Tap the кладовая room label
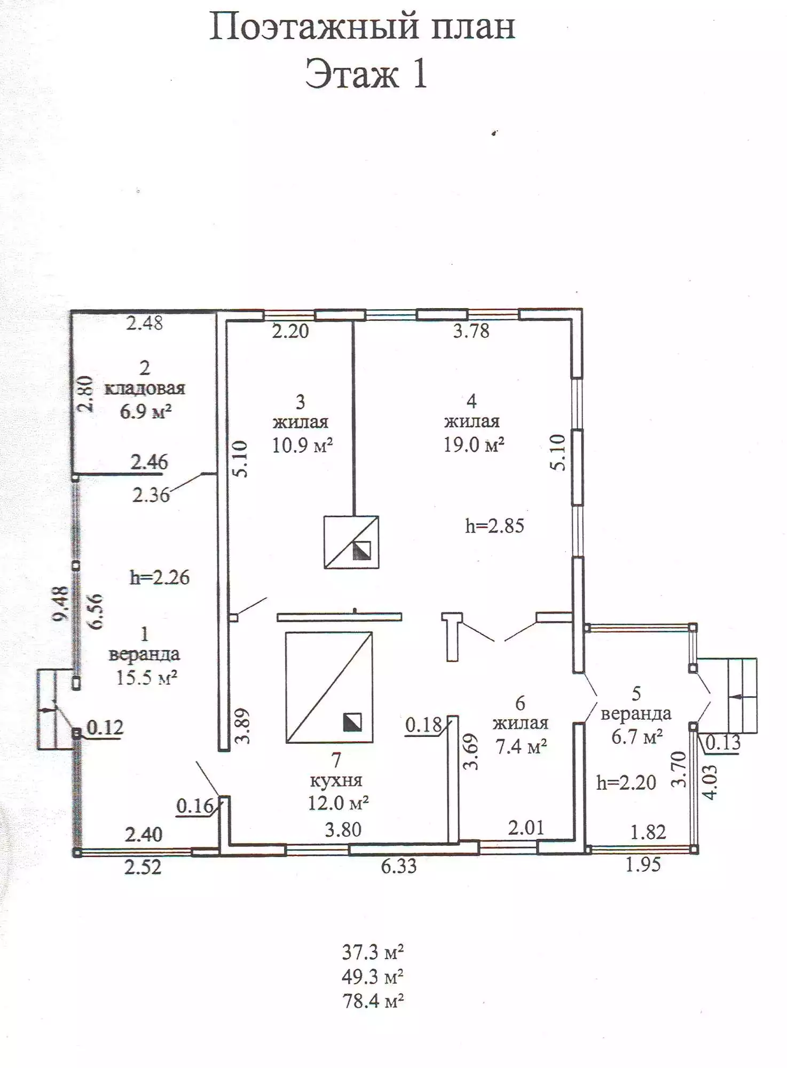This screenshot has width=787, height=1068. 145,388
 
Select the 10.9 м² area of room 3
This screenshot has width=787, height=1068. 303,445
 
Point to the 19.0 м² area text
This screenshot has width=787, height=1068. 474,444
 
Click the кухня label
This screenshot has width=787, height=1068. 336,781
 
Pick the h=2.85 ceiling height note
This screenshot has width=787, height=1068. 494,526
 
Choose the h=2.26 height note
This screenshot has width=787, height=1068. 160,577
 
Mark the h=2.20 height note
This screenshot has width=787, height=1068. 626,783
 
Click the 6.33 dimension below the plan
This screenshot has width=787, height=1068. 399,866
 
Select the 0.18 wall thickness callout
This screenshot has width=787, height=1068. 424,725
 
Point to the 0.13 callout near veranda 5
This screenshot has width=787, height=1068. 723,742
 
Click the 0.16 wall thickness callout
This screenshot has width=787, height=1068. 195,806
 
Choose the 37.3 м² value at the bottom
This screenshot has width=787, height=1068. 373,952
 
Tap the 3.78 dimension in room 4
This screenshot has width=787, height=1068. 471,331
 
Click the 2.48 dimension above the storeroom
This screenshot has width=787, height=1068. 144,323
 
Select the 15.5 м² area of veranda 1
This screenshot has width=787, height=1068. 147,678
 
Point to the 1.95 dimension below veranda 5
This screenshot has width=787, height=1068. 643,865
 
